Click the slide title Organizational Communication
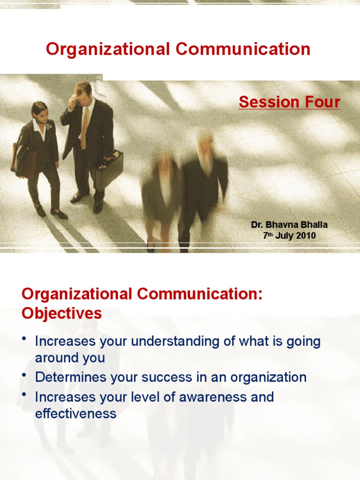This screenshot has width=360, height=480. click(178, 49)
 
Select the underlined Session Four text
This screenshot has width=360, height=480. click(289, 102)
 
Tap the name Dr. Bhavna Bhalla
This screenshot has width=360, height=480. click(289, 225)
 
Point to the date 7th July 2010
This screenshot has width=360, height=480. click(289, 236)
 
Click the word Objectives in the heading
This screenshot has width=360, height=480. click(61, 314)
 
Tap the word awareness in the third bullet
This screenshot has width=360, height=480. click(212, 397)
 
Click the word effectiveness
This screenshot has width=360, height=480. click(75, 414)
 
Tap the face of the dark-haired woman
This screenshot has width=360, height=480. click(41, 114)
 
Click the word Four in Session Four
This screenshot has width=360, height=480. click(321, 102)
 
